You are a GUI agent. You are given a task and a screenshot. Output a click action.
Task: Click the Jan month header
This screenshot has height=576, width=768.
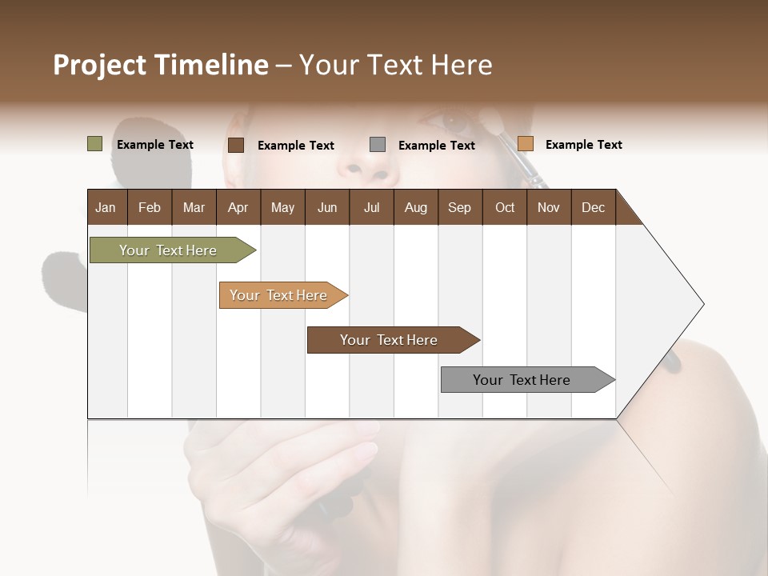pyautogui.click(x=106, y=207)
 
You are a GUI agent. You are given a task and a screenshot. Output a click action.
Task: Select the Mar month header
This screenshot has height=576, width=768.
pyautogui.click(x=194, y=207)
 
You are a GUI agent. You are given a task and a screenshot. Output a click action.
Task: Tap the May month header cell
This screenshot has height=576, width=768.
pyautogui.click(x=282, y=207)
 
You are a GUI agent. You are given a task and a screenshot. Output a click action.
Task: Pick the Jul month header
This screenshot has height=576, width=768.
pyautogui.click(x=371, y=207)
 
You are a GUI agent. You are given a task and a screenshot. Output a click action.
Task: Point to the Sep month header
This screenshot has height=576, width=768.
pyautogui.click(x=459, y=207)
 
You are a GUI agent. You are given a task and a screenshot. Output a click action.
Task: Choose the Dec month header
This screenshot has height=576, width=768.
pyautogui.click(x=593, y=207)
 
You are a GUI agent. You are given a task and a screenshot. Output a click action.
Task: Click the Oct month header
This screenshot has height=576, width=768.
pyautogui.click(x=505, y=207)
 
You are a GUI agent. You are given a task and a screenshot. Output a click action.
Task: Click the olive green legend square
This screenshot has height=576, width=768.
pyautogui.click(x=94, y=144)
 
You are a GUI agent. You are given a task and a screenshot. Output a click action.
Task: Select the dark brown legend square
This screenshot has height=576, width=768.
pyautogui.click(x=235, y=145)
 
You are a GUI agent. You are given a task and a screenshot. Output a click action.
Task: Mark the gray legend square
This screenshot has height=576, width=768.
pyautogui.click(x=378, y=145)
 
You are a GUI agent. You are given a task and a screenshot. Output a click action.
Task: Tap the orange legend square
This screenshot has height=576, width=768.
pyautogui.click(x=525, y=144)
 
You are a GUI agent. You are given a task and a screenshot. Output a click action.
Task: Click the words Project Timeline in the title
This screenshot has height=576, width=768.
pyautogui.click(x=160, y=65)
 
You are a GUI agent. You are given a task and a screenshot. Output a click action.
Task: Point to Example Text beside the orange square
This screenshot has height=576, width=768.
pyautogui.click(x=583, y=145)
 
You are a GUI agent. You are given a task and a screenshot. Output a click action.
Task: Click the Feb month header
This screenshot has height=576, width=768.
pyautogui.click(x=150, y=207)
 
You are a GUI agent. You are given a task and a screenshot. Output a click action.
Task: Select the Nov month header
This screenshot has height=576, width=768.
pyautogui.click(x=548, y=207)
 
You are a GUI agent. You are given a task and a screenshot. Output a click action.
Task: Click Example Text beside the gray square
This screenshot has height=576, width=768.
pyautogui.click(x=436, y=146)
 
